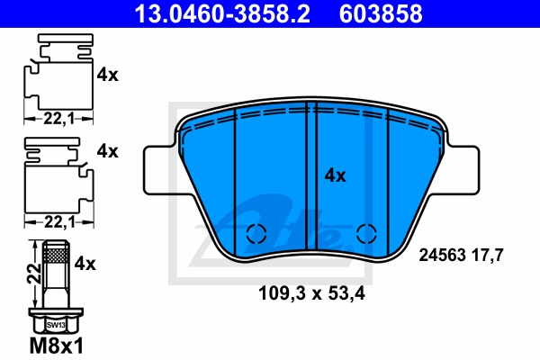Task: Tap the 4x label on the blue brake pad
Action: (x=335, y=176)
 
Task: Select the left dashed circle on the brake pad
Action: (x=256, y=233)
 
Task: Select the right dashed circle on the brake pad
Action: (x=365, y=233)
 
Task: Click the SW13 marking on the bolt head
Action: (x=56, y=323)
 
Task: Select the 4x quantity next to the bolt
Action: (x=86, y=265)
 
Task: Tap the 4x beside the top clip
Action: (x=107, y=76)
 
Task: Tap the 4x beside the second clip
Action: (x=107, y=151)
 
